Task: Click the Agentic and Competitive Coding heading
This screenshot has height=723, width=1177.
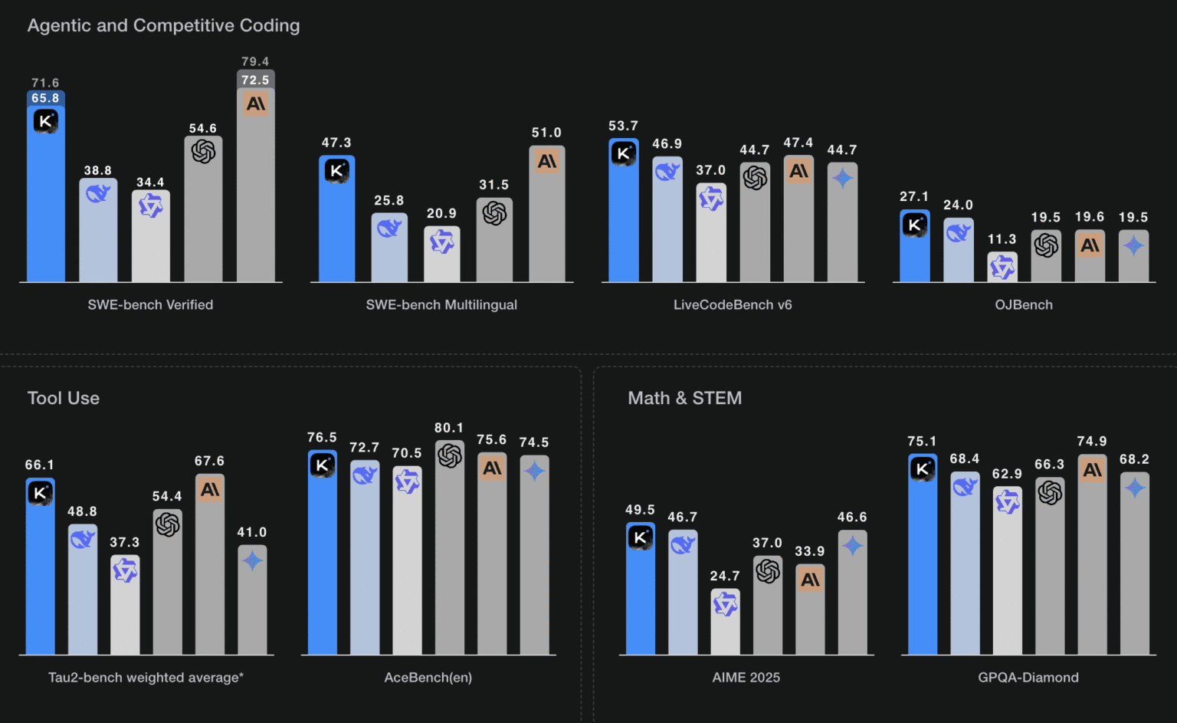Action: tap(163, 25)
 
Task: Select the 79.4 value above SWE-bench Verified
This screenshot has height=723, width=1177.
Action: tap(255, 61)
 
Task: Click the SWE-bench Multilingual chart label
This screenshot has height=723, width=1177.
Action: tap(441, 304)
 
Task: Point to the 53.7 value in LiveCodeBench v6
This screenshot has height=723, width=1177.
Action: tap(623, 126)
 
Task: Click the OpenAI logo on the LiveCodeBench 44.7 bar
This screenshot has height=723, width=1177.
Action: tap(755, 178)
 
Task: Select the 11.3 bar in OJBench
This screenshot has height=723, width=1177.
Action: tap(1002, 267)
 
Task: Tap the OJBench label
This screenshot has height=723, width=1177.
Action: tap(1024, 304)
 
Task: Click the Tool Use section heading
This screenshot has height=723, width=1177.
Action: tap(64, 398)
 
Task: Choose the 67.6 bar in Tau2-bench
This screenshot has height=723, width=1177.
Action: tap(210, 567)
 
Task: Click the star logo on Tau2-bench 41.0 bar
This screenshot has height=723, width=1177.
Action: tap(252, 561)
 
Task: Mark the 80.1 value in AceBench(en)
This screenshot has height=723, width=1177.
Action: tap(449, 428)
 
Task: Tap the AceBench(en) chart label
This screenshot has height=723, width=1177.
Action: tap(428, 677)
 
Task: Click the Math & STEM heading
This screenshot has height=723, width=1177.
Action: tap(684, 398)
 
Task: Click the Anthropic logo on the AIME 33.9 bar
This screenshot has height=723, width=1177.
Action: tap(810, 580)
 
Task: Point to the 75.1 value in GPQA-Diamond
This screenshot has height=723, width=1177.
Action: tap(922, 441)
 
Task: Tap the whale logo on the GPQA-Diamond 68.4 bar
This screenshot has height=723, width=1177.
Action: tap(965, 486)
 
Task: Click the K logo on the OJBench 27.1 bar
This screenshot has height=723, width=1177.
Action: tap(914, 225)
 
